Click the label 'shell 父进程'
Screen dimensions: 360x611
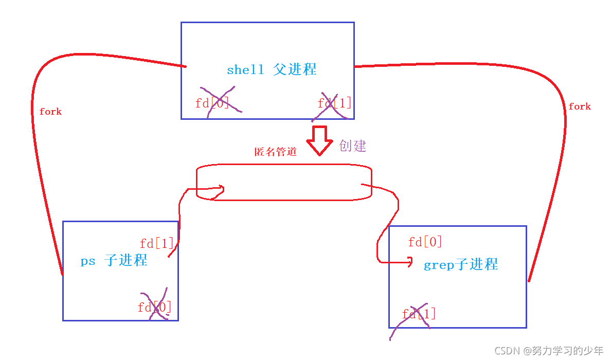pos(272,69)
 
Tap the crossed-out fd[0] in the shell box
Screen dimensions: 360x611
pos(212,103)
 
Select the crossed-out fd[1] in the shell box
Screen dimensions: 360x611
pos(334,103)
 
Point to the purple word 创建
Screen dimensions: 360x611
pos(353,146)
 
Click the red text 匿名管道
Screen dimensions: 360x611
pos(276,152)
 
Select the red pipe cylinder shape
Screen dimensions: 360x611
pos(284,183)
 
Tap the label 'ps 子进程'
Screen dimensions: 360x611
pos(114,260)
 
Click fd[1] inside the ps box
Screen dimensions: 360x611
pos(157,243)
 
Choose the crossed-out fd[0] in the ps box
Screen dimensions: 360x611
pos(155,307)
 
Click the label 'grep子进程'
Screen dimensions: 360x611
pos(461,265)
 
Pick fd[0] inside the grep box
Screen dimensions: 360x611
pos(425,242)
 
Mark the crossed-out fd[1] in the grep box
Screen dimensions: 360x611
pos(419,313)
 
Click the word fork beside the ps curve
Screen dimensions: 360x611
pos(50,112)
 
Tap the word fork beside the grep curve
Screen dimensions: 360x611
pos(580,106)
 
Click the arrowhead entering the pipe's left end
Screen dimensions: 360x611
pos(221,190)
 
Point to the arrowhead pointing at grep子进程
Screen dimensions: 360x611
pos(409,263)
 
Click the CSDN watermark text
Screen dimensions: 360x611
pos(549,351)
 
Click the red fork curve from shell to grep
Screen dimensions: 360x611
pos(564,154)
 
